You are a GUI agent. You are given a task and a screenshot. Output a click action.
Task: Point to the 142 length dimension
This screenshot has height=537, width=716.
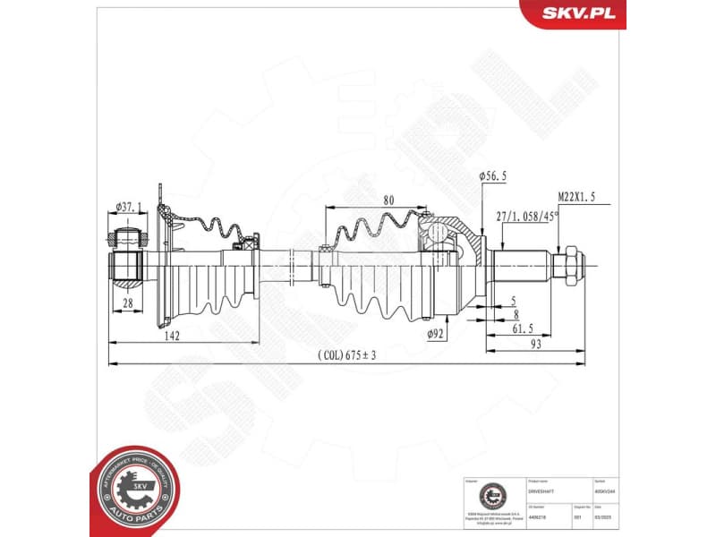pos(174,336)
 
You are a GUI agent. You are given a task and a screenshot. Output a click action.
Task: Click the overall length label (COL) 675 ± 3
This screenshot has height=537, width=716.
pos(346,355)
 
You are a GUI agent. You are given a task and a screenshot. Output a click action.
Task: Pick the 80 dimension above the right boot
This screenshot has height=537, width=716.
pos(388,200)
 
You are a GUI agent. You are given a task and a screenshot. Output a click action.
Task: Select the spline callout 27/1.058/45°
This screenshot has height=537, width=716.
pos(527,216)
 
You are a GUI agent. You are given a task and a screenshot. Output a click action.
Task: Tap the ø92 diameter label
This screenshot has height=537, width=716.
pos(436,334)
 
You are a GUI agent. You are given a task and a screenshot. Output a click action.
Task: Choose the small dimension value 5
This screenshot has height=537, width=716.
pos(514,300)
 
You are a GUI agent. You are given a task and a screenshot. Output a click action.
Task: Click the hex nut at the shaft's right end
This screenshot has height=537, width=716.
pos(569,266)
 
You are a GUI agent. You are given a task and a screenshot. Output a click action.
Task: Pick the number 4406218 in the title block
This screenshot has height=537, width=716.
pos(539,516)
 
